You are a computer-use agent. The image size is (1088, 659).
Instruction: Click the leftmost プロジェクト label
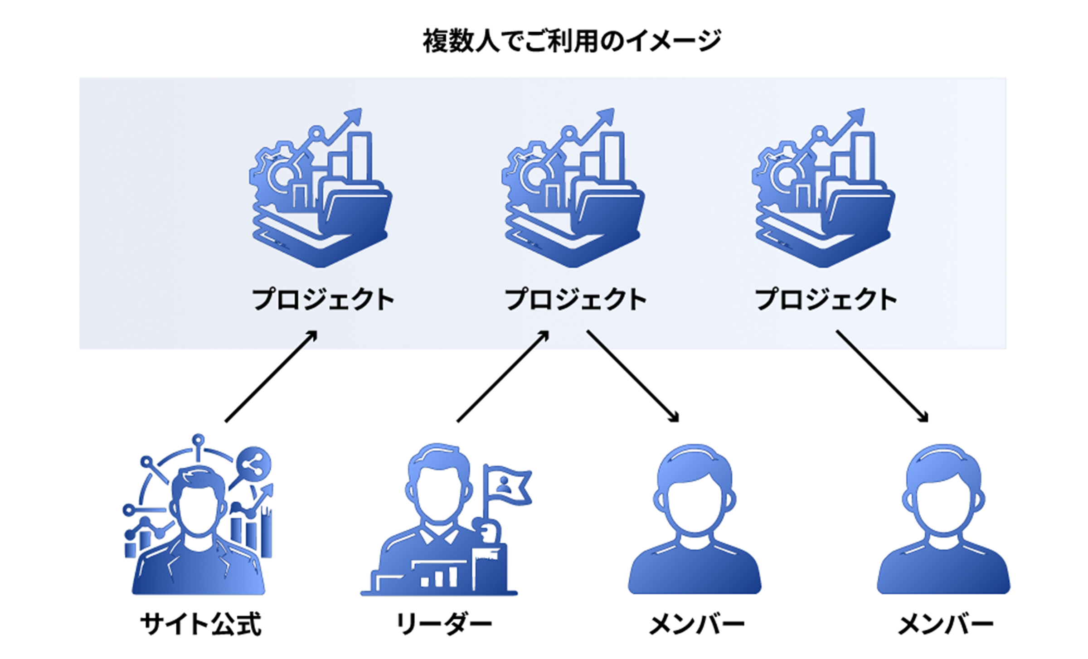pos(323,300)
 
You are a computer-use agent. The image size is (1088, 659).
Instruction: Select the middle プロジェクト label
pos(576,300)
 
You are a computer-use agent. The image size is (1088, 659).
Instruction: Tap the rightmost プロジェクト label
pos(826,300)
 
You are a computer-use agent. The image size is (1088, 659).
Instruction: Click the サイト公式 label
pos(200,625)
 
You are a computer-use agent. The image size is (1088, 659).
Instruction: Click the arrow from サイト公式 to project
pos(271,377)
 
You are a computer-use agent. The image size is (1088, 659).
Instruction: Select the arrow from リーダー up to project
pos(503,377)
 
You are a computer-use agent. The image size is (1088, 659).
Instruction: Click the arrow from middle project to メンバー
pos(633,377)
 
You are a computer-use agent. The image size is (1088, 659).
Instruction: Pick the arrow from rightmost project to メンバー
pos(882,377)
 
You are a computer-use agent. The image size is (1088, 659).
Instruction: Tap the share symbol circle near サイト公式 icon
pos(254,465)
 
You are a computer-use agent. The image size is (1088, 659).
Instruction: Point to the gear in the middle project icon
pos(528,174)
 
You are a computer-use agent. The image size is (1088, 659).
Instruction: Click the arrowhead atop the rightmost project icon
pos(856,118)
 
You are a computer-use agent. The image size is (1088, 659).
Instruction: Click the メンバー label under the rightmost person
pos(946,625)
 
